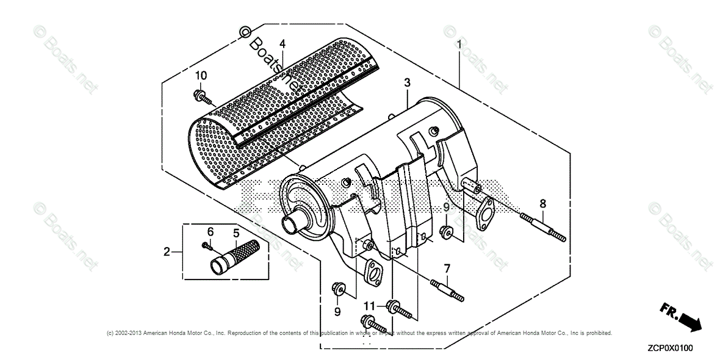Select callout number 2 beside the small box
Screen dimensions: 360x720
coord(166,251)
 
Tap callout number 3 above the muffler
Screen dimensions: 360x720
coord(407,82)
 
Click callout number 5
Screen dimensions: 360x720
coord(235,232)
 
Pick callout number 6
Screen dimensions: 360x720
coord(211,231)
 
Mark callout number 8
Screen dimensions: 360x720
coord(542,204)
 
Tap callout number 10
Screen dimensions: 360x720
coord(201,75)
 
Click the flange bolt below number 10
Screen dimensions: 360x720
coord(203,96)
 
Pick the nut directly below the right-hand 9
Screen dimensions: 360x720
coord(447,231)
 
